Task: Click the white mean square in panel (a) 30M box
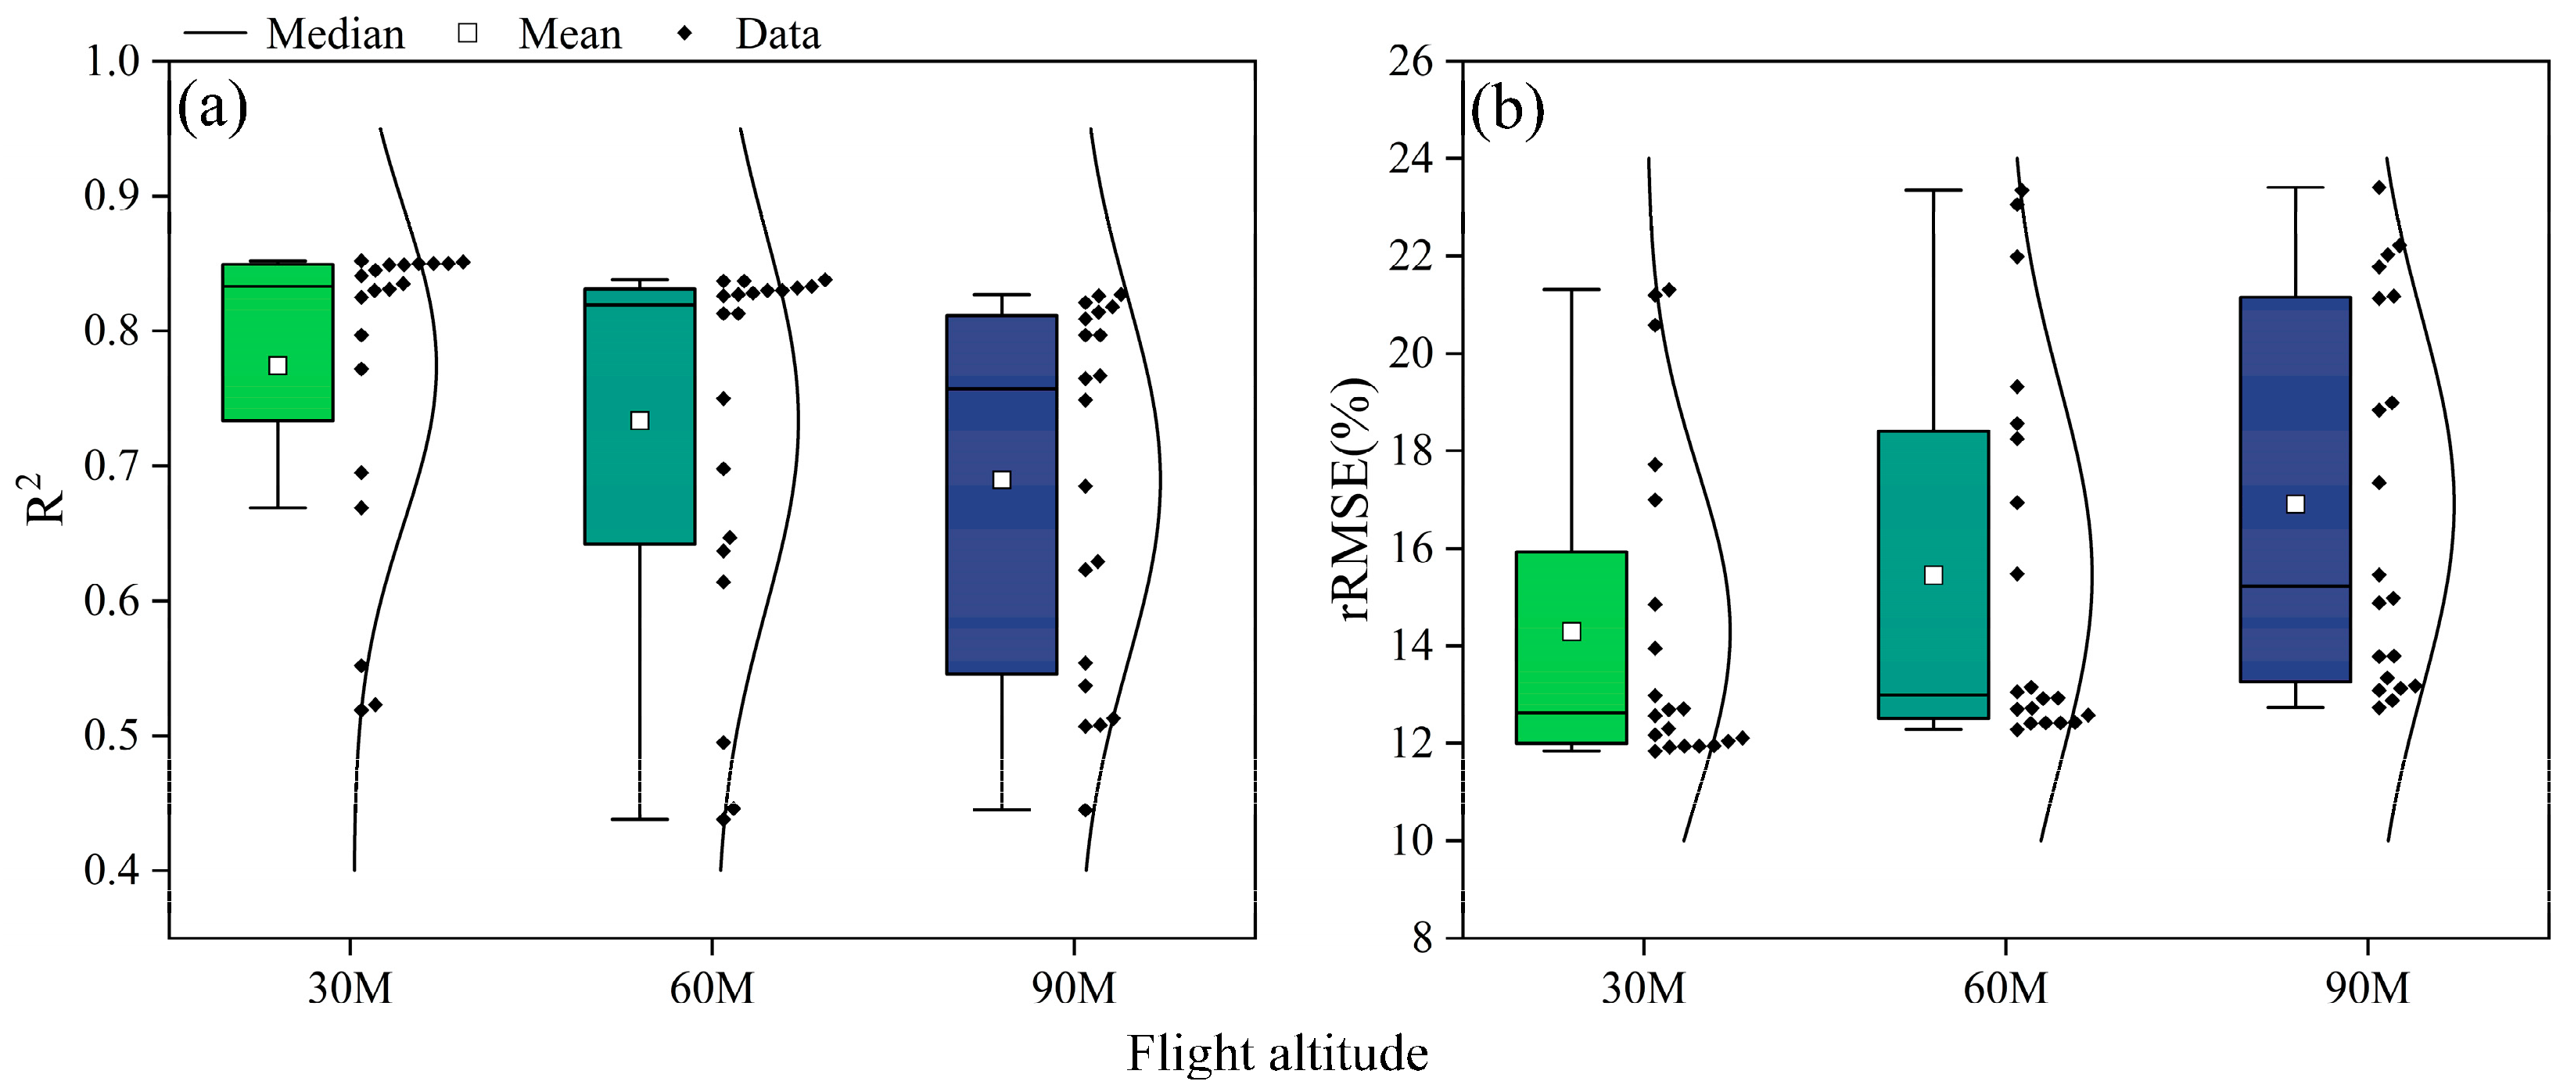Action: [278, 366]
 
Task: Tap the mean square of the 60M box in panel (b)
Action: [1933, 575]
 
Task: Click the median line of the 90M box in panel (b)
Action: [2295, 585]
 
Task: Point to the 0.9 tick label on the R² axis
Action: [112, 196]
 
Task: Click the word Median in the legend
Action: [336, 35]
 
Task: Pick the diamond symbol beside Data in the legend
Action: [684, 34]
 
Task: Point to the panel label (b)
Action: [1506, 108]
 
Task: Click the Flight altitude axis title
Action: [1276, 1053]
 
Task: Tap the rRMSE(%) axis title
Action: [1356, 498]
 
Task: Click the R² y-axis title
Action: [45, 498]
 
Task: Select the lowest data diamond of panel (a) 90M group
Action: [1086, 810]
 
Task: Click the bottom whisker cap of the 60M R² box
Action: [640, 819]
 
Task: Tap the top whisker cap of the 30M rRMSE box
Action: [1571, 290]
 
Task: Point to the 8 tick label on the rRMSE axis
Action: [1422, 939]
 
